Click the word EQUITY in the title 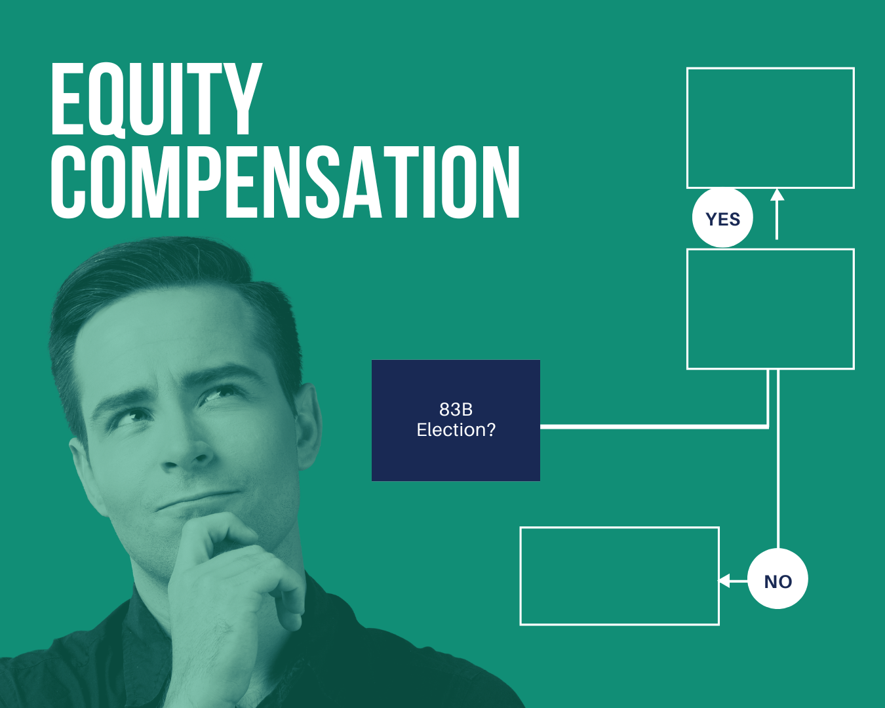pos(156,100)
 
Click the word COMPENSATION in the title pos(285,182)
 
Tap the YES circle pos(722,218)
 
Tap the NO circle pos(777,580)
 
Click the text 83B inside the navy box pos(456,410)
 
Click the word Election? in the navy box pos(456,430)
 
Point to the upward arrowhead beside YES pos(777,195)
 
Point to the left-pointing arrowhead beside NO pos(724,581)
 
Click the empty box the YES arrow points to pos(770,128)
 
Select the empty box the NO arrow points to pos(619,576)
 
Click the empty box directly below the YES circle pos(770,309)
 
